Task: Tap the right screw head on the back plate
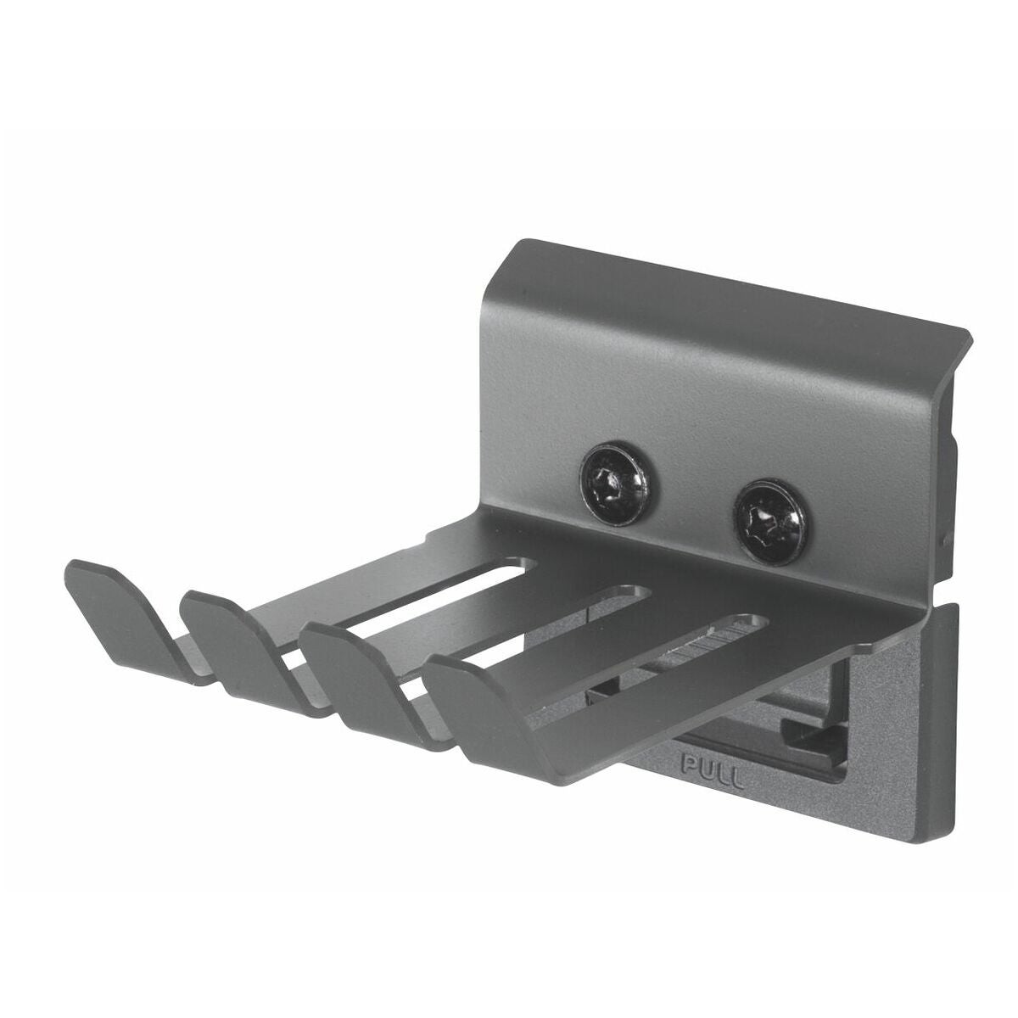(x=771, y=515)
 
